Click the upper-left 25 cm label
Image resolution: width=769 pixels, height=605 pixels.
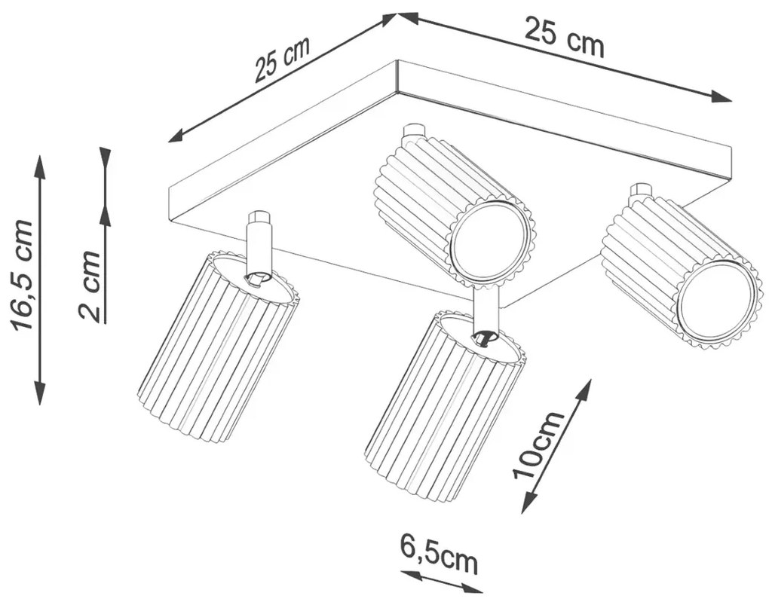[282, 59]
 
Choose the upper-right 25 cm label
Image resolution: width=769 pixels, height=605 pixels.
[564, 37]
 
